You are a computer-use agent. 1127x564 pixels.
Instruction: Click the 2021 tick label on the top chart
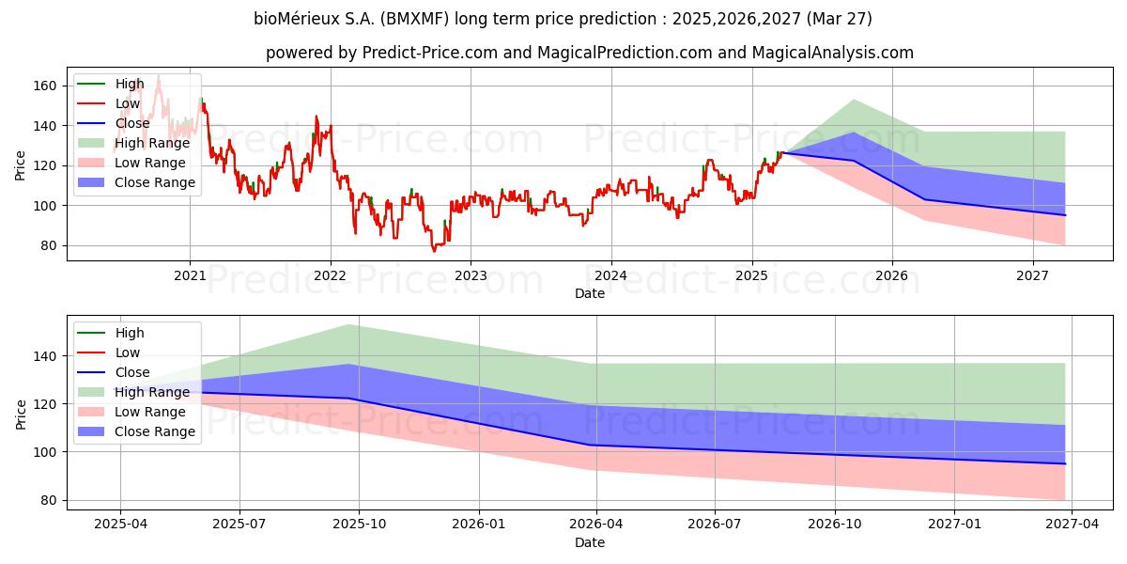tap(190, 276)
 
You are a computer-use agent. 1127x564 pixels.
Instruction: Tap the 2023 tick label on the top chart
tap(471, 276)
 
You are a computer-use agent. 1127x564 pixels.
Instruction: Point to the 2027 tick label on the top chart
tap(1033, 276)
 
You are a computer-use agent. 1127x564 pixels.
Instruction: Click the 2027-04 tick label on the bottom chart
tap(1073, 525)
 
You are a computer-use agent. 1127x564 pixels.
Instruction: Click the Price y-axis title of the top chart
tap(21, 165)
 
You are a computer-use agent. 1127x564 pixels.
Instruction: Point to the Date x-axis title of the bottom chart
tap(589, 542)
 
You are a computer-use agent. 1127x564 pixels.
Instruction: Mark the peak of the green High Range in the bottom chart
tap(348, 324)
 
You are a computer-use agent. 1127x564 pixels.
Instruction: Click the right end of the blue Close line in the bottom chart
tap(1065, 463)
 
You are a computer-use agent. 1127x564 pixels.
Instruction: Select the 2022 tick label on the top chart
tap(331, 276)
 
